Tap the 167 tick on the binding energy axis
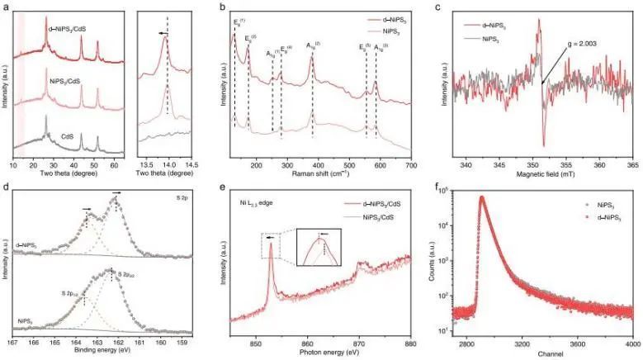12,341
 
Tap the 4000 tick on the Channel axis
631,341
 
